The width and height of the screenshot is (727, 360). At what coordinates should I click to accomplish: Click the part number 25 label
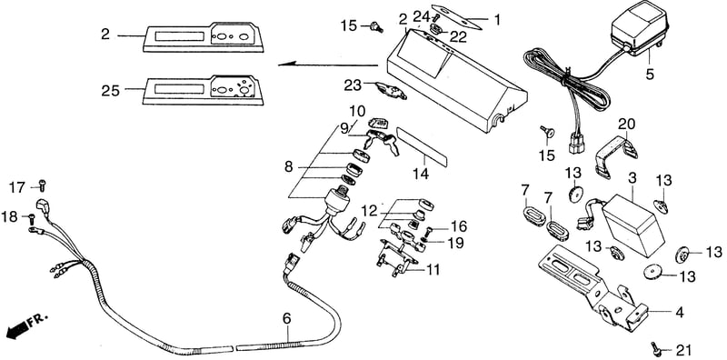pyautogui.click(x=110, y=91)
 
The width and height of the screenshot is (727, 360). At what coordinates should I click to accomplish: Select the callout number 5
pyautogui.click(x=650, y=74)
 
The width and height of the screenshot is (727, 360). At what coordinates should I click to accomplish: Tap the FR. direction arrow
pyautogui.click(x=17, y=330)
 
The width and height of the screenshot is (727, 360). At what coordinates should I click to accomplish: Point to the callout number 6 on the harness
pyautogui.click(x=287, y=319)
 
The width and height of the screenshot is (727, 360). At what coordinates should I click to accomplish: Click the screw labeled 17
pyautogui.click(x=43, y=185)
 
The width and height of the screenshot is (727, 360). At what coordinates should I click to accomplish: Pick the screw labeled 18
pyautogui.click(x=32, y=218)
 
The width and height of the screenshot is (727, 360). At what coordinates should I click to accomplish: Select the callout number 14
pyautogui.click(x=422, y=174)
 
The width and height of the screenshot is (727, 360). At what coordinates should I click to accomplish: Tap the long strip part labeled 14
pyautogui.click(x=422, y=147)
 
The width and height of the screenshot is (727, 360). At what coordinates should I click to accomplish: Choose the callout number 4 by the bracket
pyautogui.click(x=679, y=313)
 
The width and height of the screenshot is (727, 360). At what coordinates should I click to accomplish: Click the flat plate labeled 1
pyautogui.click(x=457, y=16)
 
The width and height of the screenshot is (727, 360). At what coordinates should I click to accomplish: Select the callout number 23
pyautogui.click(x=353, y=85)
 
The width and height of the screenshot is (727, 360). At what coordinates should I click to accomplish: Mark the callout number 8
pyautogui.click(x=288, y=167)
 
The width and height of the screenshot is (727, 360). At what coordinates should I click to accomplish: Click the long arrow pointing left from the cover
pyautogui.click(x=328, y=65)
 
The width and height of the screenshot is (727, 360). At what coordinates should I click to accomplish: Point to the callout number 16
pyautogui.click(x=458, y=227)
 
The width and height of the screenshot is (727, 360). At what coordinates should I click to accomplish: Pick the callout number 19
pyautogui.click(x=456, y=243)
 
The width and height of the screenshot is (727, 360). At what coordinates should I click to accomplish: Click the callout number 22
pyautogui.click(x=458, y=37)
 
